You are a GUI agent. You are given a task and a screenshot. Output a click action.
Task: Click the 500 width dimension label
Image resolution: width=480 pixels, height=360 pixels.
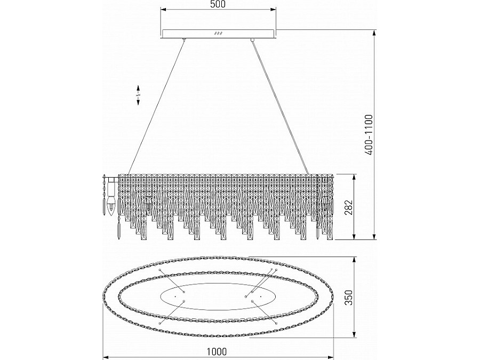point(218,5)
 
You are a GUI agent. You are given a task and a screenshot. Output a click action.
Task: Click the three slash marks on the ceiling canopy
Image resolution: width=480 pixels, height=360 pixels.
point(218,34)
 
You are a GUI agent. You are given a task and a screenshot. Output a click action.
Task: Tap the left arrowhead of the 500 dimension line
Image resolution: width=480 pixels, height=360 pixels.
point(162,9)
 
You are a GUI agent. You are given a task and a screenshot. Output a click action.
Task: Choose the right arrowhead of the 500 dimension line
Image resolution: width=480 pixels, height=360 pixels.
point(275,9)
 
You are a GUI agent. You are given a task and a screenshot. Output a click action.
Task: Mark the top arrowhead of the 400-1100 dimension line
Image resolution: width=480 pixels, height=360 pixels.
point(375,31)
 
